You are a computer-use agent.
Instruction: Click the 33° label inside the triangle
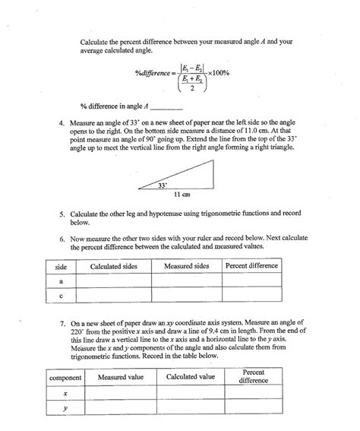coord(161,184)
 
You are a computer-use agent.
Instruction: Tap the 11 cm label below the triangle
coord(182,195)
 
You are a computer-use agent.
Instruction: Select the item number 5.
coord(62,215)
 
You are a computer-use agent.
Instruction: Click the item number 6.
coord(62,237)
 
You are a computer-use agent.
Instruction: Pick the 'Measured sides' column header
coord(186,267)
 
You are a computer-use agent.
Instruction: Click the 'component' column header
coord(65,377)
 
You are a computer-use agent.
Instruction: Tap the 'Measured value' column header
coord(120,377)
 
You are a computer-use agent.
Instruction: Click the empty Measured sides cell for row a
coord(186,281)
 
